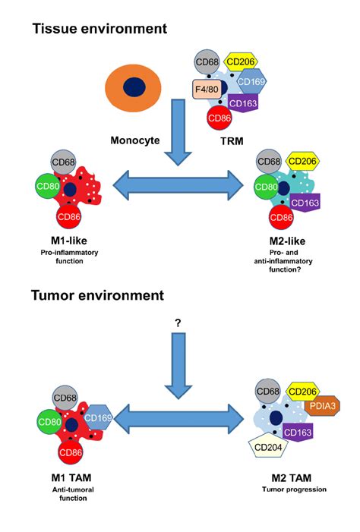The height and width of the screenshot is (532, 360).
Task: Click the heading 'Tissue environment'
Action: (x=99, y=30)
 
